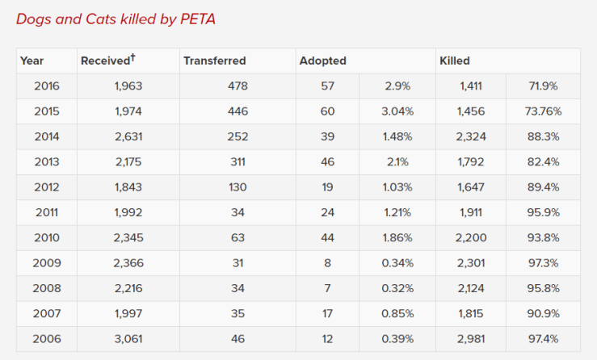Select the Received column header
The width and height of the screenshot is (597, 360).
[107, 61]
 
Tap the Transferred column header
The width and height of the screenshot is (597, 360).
[214, 61]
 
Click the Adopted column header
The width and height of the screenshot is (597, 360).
[322, 61]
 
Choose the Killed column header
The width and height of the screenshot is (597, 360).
[454, 61]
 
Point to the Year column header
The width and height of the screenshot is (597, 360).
[32, 61]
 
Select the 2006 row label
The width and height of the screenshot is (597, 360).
[46, 338]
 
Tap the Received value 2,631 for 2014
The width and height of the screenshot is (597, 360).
[128, 136]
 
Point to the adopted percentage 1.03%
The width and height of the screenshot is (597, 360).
[397, 186]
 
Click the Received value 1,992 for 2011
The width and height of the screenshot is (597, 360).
[128, 212]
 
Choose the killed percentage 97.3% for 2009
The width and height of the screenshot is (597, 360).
[543, 262]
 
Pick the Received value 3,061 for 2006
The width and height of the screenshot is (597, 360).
[128, 338]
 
